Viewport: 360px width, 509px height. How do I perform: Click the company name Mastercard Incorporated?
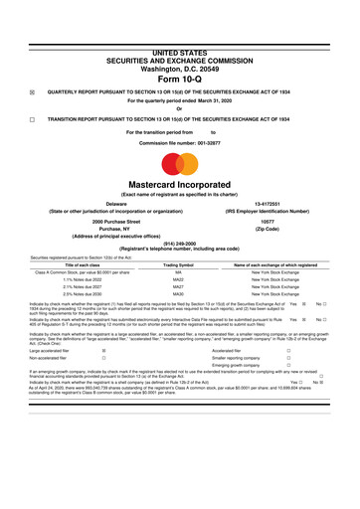[179, 185]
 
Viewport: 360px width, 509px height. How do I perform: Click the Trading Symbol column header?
[178, 265]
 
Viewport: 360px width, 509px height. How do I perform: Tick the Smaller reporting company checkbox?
[287, 358]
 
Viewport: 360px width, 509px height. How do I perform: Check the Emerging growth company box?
[287, 367]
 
